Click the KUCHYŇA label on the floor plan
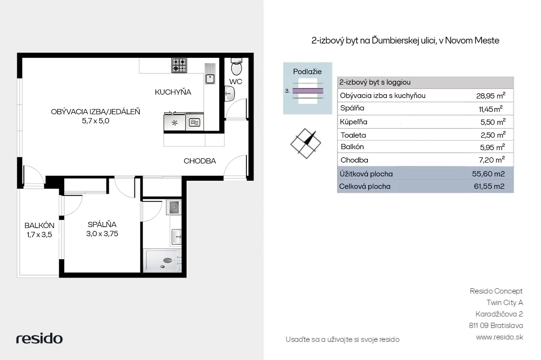tap(173, 92)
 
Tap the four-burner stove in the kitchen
tap(179, 65)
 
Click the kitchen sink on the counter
tap(210, 74)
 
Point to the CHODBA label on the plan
tap(200, 161)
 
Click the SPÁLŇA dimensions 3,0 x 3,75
tap(102, 234)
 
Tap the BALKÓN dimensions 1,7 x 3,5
tap(39, 235)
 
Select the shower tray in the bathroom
tap(163, 261)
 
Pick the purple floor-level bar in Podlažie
tap(308, 91)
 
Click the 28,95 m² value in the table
tap(491, 96)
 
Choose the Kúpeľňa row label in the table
tap(353, 122)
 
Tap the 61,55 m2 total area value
tap(489, 186)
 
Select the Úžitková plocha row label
tap(366, 174)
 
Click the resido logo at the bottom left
tap(39, 338)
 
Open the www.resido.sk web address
tap(499, 337)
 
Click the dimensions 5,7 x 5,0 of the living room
tap(96, 121)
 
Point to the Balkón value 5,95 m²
tap(492, 147)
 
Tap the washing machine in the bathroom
tap(174, 207)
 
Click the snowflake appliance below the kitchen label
tap(175, 122)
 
